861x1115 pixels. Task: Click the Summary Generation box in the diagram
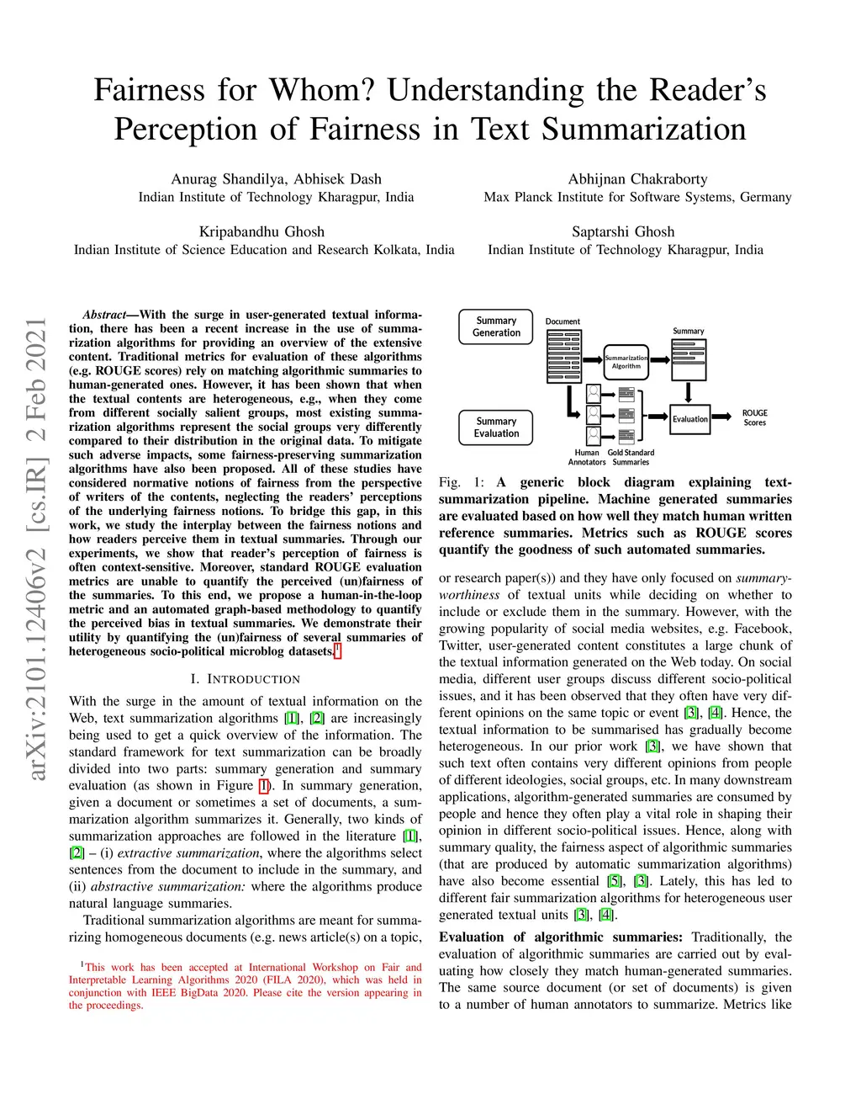click(x=496, y=327)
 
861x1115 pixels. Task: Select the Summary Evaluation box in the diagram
click(x=496, y=427)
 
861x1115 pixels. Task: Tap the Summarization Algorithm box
click(x=626, y=362)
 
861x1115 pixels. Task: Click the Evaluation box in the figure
click(x=689, y=419)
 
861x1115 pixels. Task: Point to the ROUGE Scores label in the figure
click(x=754, y=418)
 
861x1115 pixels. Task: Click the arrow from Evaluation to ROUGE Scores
click(x=722, y=418)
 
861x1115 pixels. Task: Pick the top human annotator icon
click(x=594, y=394)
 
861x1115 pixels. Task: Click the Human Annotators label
click(x=587, y=457)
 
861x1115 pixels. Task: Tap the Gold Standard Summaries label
click(x=631, y=457)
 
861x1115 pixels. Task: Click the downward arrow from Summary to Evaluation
click(x=689, y=392)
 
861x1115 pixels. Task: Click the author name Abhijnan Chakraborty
click(x=637, y=179)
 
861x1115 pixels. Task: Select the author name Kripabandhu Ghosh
click(x=261, y=232)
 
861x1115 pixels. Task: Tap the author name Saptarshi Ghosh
click(x=623, y=232)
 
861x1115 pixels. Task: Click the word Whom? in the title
click(x=323, y=90)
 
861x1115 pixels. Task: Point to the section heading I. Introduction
click(x=245, y=679)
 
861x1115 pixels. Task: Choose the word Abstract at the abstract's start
click(x=103, y=315)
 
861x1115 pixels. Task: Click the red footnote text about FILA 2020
click(x=245, y=985)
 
